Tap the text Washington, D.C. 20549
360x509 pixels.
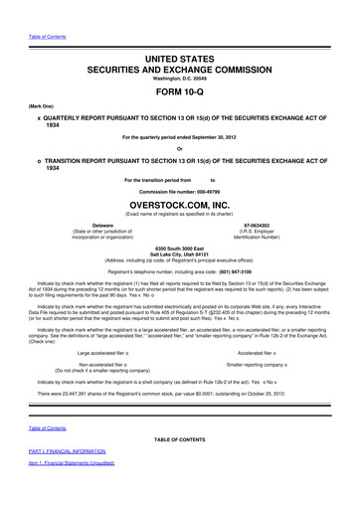(179, 65)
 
